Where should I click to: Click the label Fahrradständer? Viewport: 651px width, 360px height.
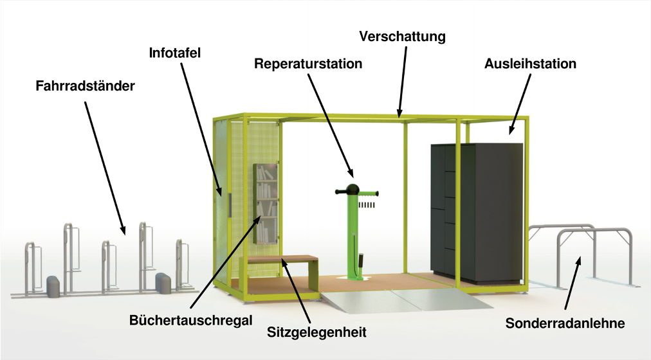click(x=85, y=85)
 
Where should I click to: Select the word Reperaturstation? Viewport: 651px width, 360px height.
click(x=308, y=64)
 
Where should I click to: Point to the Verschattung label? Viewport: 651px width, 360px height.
click(x=402, y=36)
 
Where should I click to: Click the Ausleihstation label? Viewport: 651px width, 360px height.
click(x=530, y=64)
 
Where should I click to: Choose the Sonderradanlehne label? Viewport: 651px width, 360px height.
click(x=565, y=323)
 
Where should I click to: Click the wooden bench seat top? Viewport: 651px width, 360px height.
click(x=283, y=259)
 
